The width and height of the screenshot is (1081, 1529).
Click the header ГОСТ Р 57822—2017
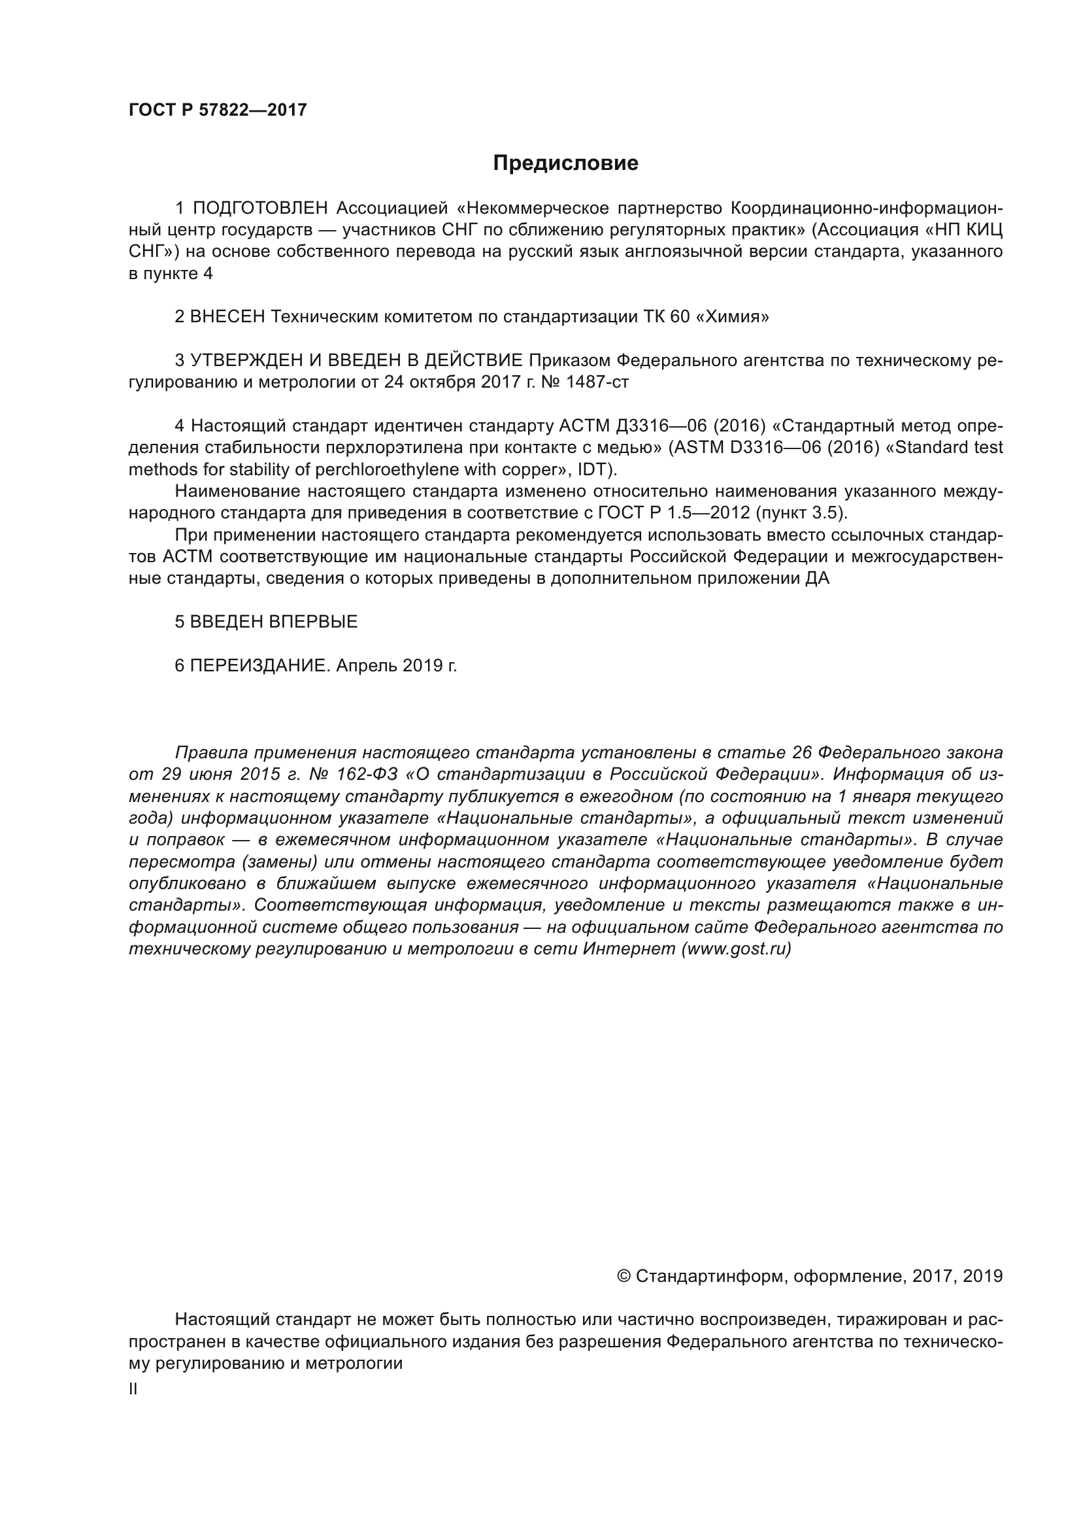pos(218,110)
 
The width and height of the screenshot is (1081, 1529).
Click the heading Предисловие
pos(565,163)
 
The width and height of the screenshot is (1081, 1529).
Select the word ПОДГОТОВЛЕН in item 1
pos(260,209)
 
